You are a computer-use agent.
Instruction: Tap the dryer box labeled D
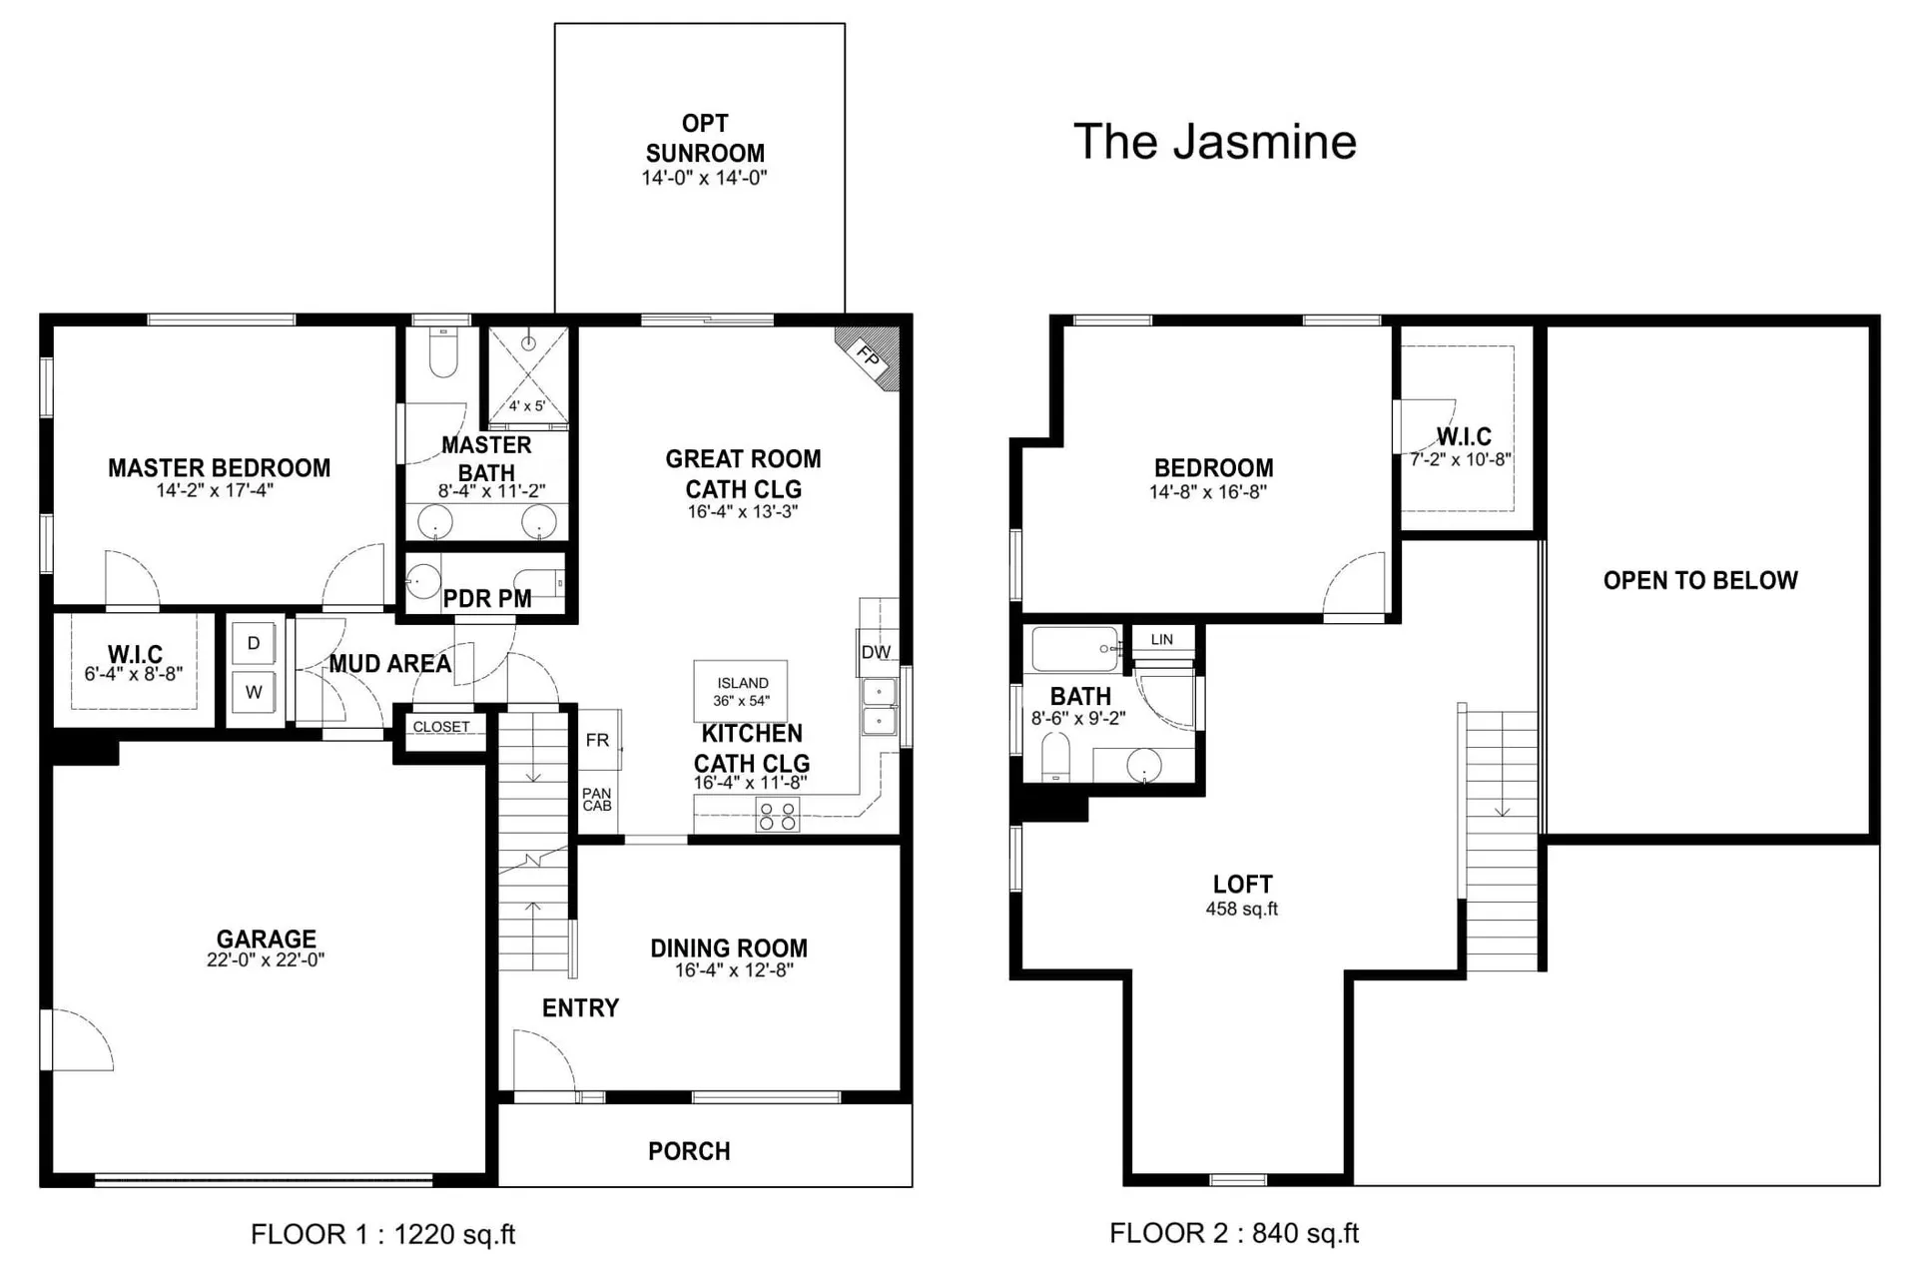tap(254, 644)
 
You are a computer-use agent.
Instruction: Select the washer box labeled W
tap(254, 692)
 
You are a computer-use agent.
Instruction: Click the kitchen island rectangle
tap(741, 691)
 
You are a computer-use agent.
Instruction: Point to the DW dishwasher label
tap(876, 652)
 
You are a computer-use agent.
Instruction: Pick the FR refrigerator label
tap(597, 740)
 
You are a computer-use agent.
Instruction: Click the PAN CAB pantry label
tap(597, 800)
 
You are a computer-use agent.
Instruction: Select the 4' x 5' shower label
tap(527, 406)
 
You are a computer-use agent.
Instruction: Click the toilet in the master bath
tap(442, 352)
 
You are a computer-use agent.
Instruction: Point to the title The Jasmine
tap(1215, 142)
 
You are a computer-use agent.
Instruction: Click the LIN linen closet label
tap(1162, 639)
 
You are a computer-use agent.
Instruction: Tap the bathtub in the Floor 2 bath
tap(1076, 649)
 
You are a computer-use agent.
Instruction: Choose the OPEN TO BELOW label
tap(1700, 580)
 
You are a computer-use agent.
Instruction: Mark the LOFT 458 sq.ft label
tap(1242, 895)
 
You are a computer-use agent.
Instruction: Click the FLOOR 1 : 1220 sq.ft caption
tap(383, 1235)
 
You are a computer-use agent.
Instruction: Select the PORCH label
tap(689, 1151)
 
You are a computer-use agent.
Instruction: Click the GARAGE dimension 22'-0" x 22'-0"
tap(266, 960)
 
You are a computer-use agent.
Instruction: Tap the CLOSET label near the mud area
tap(441, 727)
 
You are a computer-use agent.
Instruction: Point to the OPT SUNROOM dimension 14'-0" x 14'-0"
tap(704, 178)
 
